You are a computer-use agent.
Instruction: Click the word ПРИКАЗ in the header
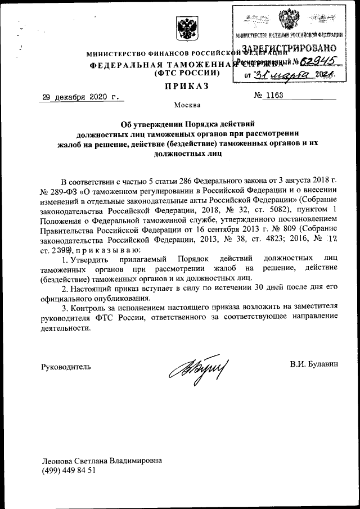(x=186, y=85)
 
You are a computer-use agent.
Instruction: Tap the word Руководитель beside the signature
(x=66, y=366)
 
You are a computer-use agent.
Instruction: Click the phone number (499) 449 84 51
(x=69, y=470)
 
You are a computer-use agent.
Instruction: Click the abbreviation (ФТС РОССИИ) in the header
(x=186, y=74)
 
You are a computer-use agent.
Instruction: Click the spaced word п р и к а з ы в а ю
(x=102, y=249)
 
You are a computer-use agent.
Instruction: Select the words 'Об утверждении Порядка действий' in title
(x=186, y=124)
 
